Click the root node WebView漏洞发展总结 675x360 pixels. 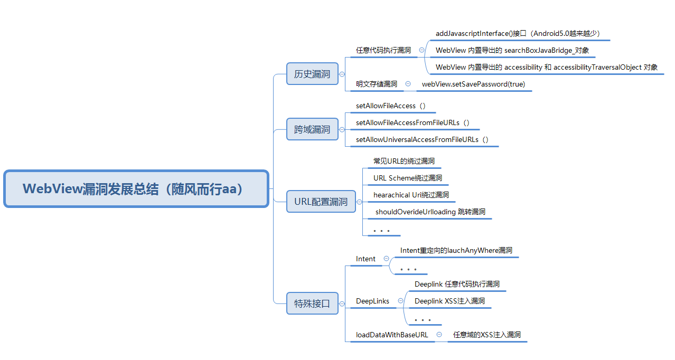pyautogui.click(x=136, y=188)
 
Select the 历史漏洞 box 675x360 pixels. pyautogui.click(x=312, y=74)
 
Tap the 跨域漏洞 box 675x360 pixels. pyautogui.click(x=312, y=129)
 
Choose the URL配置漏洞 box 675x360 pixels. pyautogui.click(x=321, y=202)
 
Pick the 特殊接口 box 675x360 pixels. pyautogui.click(x=312, y=304)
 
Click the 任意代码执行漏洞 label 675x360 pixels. pyautogui.click(x=383, y=51)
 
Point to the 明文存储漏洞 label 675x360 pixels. pyautogui.click(x=377, y=84)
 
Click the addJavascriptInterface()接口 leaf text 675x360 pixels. pyautogui.click(x=517, y=34)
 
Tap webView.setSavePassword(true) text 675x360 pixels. pyautogui.click(x=473, y=84)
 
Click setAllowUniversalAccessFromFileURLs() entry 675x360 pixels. pyautogui.click(x=422, y=139)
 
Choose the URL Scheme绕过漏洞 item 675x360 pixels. pyautogui.click(x=408, y=178)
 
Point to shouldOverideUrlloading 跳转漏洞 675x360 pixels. pyautogui.click(x=430, y=212)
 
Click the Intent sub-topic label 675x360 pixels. pyautogui.click(x=365, y=259)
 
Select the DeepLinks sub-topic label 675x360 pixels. pyautogui.click(x=372, y=301)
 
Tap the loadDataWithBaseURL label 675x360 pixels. pyautogui.click(x=392, y=335)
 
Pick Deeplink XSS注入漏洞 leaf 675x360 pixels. pyautogui.click(x=449, y=301)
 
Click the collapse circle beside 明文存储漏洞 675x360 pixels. pyautogui.click(x=408, y=83)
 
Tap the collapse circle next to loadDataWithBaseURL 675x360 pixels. pyautogui.click(x=439, y=335)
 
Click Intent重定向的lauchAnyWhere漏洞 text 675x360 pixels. pyautogui.click(x=456, y=250)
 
